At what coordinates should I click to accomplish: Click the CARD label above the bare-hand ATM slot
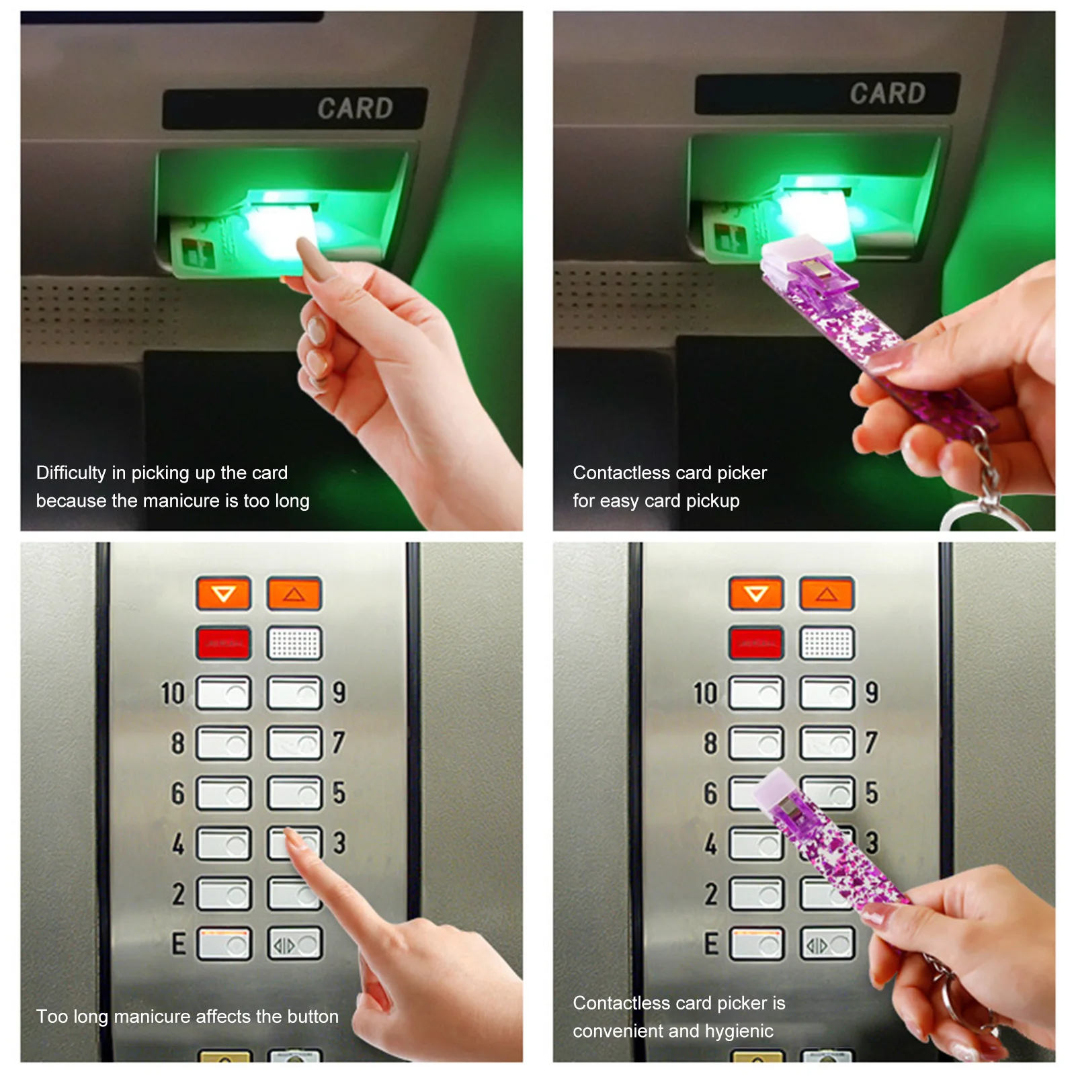tap(355, 108)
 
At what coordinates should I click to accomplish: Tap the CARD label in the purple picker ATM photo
tap(887, 93)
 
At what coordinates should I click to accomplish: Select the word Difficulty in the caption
tap(71, 473)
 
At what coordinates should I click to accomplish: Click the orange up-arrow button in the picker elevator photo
tap(827, 593)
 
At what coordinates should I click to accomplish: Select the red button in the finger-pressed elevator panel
tap(224, 643)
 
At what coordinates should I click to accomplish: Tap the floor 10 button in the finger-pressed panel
tap(224, 693)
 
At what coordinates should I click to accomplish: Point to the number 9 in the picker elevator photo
tap(872, 692)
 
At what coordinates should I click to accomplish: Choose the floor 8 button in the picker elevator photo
tap(757, 743)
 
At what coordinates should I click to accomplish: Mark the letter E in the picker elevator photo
tap(711, 944)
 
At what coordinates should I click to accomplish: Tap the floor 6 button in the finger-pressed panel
tap(224, 793)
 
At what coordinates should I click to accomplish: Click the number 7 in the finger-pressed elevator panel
tap(339, 743)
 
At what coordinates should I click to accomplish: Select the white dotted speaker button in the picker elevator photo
tap(827, 643)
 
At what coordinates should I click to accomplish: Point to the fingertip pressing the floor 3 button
tap(292, 836)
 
